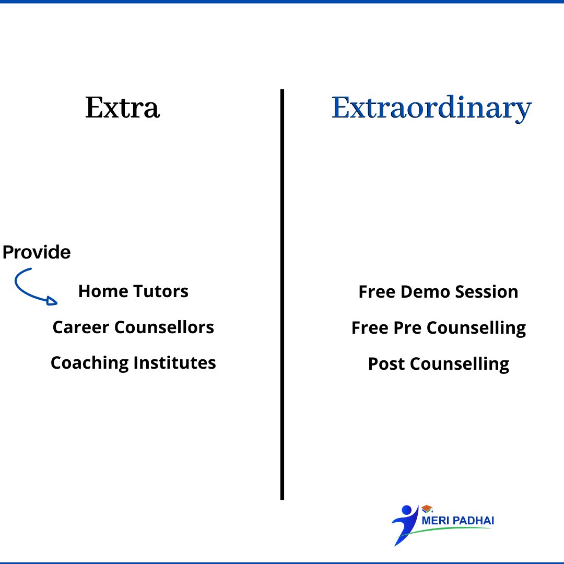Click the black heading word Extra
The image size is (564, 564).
[x=122, y=108]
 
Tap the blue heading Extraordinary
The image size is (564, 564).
[x=431, y=109]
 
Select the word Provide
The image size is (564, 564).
[x=37, y=252]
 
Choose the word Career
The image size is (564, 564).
[x=81, y=327]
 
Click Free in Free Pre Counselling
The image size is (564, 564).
[x=371, y=328]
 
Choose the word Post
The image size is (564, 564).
[x=386, y=364]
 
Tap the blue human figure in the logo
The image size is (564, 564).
[x=404, y=522]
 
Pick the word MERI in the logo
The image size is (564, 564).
[x=433, y=521]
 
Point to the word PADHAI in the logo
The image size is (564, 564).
[x=472, y=521]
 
